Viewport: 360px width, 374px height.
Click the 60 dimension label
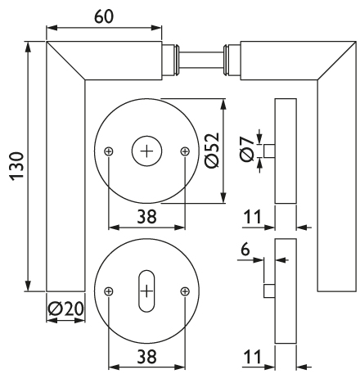(x=104, y=16)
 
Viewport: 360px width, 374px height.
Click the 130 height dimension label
(x=17, y=166)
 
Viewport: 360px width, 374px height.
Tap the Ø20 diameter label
(x=65, y=309)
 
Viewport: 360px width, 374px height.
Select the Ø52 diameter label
(x=212, y=151)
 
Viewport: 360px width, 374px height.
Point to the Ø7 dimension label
(x=247, y=149)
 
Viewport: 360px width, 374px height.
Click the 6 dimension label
(x=245, y=249)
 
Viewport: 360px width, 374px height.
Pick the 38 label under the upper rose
(x=147, y=217)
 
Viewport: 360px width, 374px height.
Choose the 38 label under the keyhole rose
(x=147, y=357)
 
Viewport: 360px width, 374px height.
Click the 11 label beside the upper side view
(x=252, y=217)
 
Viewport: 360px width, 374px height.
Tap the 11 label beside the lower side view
(x=252, y=357)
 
